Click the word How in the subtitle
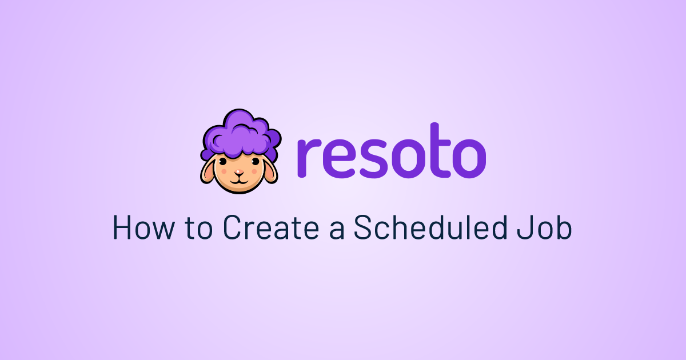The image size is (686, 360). point(144,227)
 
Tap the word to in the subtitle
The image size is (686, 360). point(198,228)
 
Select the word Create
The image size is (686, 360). point(271,227)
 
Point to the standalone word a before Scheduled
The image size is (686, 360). point(337,230)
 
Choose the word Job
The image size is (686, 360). point(544,227)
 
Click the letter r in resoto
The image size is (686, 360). point(309,158)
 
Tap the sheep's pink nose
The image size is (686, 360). point(239,172)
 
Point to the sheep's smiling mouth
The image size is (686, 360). point(239,181)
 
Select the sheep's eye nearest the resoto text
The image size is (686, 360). point(256,161)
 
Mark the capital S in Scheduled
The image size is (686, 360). point(362,227)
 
